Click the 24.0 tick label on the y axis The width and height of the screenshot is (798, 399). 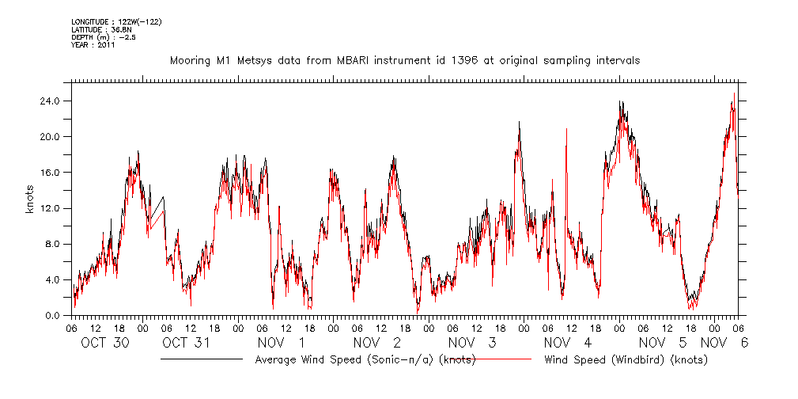[51, 101]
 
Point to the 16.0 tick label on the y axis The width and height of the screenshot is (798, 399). [51, 172]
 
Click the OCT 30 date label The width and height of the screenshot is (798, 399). [105, 343]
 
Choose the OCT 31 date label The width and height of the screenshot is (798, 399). [187, 343]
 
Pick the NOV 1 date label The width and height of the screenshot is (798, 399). [280, 343]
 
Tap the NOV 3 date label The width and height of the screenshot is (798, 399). [471, 343]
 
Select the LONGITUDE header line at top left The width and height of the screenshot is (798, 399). [116, 21]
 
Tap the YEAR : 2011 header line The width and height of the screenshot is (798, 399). [93, 45]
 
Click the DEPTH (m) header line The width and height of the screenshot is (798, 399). [103, 37]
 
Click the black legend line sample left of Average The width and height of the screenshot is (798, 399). [201, 359]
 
